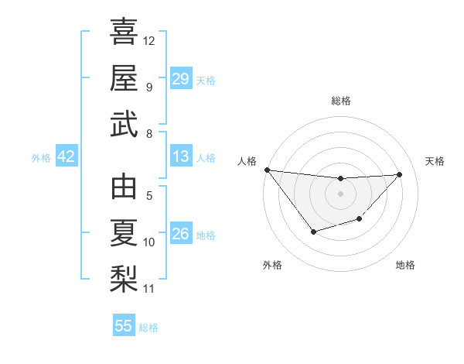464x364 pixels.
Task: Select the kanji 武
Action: coord(124,125)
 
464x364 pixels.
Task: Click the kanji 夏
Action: coord(124,233)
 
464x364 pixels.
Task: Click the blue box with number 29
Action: coord(180,79)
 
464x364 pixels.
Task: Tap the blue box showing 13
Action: coord(180,156)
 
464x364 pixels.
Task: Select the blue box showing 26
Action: coord(180,234)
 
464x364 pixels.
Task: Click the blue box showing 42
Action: coord(67,156)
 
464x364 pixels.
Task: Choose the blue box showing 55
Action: coord(124,326)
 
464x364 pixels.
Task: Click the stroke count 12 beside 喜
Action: coord(149,40)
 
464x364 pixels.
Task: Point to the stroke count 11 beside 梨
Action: coord(149,289)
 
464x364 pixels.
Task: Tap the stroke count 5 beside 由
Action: coord(149,196)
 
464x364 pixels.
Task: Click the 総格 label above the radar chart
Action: coord(340,101)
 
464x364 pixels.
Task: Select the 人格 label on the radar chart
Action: coord(247,161)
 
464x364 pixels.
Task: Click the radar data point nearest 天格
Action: coord(399,174)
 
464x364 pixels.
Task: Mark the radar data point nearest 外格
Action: coord(313,232)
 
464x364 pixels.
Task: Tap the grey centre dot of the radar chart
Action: coord(340,193)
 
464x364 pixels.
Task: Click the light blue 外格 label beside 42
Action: coord(41,157)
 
